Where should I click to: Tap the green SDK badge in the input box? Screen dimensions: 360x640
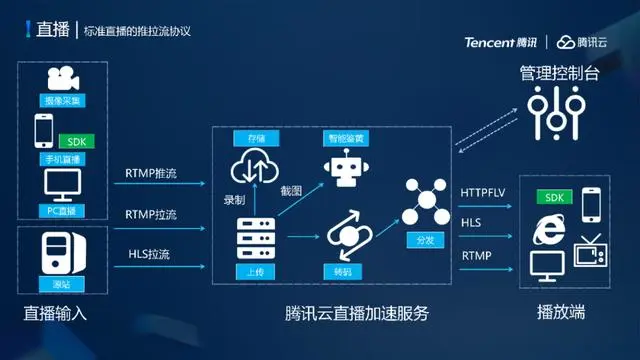tap(76, 141)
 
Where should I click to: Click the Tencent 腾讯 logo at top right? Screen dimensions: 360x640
tap(500, 42)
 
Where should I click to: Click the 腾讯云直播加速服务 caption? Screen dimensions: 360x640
tap(357, 314)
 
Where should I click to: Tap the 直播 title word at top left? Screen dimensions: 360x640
tap(52, 29)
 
